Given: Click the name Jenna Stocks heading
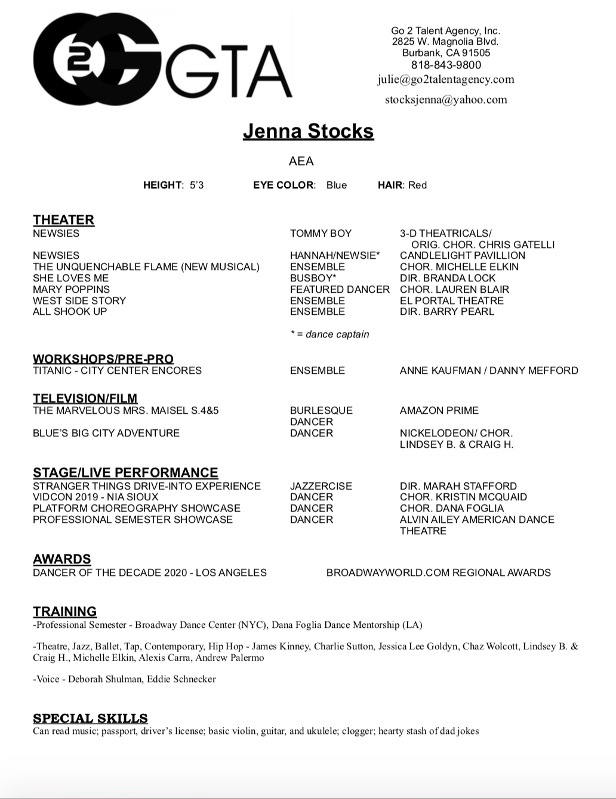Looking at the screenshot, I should click(x=308, y=131).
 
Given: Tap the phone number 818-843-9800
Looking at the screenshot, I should click(x=445, y=65).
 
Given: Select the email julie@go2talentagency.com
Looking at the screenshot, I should click(x=445, y=79).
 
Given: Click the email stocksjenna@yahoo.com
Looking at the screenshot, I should click(x=445, y=100).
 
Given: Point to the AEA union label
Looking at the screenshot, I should click(x=301, y=161).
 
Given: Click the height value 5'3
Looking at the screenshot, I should click(x=196, y=185).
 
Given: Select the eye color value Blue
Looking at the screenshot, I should click(x=336, y=185).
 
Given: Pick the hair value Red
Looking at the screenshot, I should click(x=417, y=185).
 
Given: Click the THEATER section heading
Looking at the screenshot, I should click(x=63, y=220).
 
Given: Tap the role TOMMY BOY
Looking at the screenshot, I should click(x=321, y=233).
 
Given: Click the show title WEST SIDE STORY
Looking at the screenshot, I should click(x=79, y=301).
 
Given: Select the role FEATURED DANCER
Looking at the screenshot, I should click(x=340, y=289).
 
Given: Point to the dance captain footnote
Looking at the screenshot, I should click(x=329, y=335).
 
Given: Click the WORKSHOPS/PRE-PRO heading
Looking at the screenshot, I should click(x=103, y=359).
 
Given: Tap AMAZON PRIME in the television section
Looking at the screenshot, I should click(x=439, y=410).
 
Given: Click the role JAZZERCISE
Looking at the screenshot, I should click(x=321, y=486).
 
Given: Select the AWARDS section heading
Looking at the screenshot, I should click(x=62, y=559).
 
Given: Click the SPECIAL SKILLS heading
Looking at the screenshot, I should click(x=90, y=718).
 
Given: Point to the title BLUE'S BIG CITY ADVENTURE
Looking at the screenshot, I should click(x=106, y=433).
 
